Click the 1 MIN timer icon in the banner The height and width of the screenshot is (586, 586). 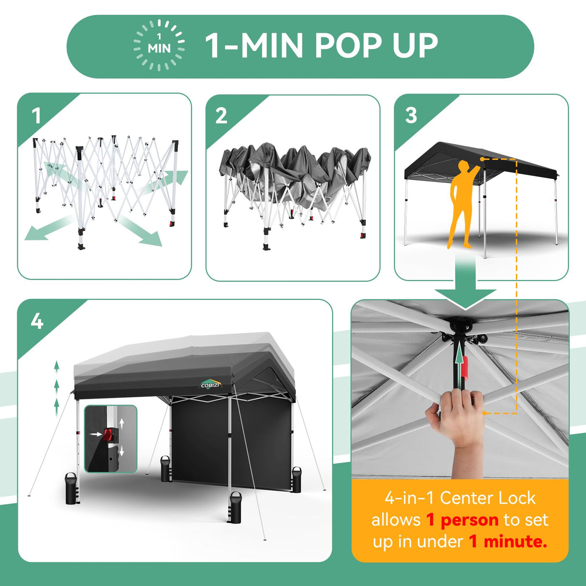tap(159, 45)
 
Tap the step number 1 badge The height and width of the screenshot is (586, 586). tap(36, 116)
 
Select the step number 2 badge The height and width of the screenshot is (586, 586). tap(221, 116)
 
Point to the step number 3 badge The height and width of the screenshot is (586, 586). tap(411, 115)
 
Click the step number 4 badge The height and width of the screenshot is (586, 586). tap(37, 321)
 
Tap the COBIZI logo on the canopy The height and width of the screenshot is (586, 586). tap(211, 384)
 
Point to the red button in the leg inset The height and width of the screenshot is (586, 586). tap(108, 434)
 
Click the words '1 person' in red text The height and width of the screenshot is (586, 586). tap(462, 520)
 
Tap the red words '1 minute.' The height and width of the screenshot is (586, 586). tap(508, 541)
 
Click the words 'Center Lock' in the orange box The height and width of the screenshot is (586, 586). tap(488, 498)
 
